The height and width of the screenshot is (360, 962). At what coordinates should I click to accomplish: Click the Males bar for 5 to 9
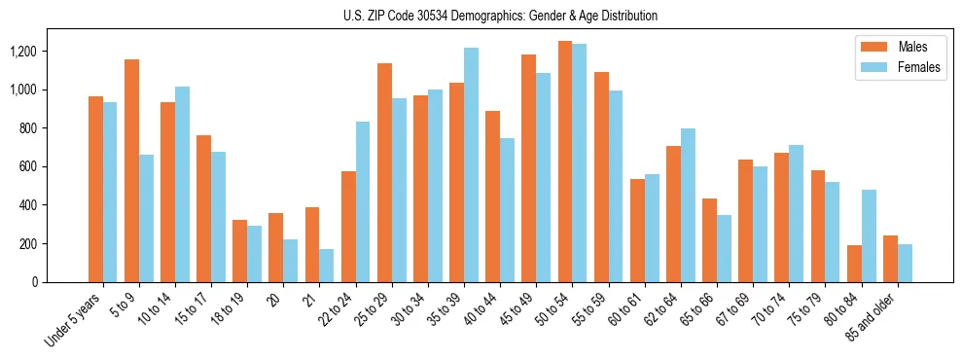click(131, 170)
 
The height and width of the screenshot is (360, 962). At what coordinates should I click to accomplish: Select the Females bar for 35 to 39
click(471, 164)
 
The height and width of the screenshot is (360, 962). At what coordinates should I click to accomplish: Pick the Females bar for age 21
click(327, 266)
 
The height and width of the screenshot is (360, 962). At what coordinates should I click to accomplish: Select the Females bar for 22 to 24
click(363, 201)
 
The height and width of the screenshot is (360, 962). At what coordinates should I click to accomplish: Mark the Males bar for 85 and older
click(890, 259)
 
